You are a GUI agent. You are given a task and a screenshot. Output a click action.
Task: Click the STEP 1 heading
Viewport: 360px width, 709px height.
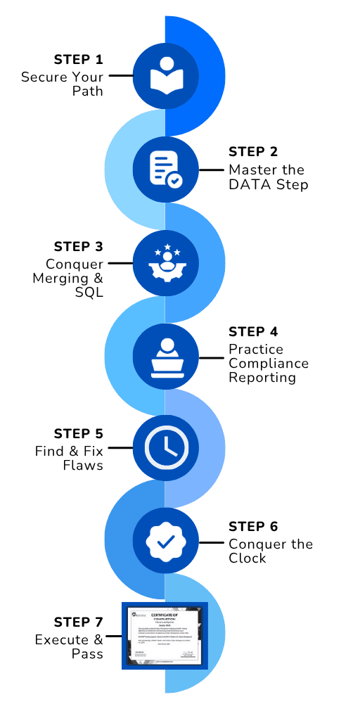(x=78, y=58)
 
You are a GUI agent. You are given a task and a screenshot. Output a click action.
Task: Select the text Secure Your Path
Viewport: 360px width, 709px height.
(x=62, y=84)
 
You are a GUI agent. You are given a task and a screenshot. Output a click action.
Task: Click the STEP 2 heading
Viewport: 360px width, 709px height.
(x=253, y=152)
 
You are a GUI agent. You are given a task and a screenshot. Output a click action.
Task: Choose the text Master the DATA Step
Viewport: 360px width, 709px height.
(x=266, y=177)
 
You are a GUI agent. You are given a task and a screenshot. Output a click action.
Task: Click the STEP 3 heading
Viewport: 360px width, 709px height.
(x=78, y=247)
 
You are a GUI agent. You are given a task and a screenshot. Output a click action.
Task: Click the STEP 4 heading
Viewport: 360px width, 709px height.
(x=253, y=331)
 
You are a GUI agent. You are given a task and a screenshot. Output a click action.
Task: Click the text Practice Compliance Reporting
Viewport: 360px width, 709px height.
(x=268, y=363)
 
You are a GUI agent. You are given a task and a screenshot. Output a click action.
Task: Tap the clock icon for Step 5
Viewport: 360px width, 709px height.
(x=165, y=447)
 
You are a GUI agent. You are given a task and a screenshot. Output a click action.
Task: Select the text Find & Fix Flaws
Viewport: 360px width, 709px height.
(x=69, y=458)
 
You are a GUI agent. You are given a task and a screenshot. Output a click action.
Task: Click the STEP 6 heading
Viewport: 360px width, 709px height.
(x=253, y=527)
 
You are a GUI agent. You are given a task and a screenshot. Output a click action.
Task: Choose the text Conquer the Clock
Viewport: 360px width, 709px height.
(x=270, y=551)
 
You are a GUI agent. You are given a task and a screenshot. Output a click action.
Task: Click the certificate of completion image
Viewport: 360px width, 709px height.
(x=165, y=635)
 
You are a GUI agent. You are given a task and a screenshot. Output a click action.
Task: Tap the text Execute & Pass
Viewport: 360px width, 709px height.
(x=69, y=646)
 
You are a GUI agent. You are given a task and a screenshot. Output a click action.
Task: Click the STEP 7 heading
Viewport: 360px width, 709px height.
(x=78, y=622)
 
